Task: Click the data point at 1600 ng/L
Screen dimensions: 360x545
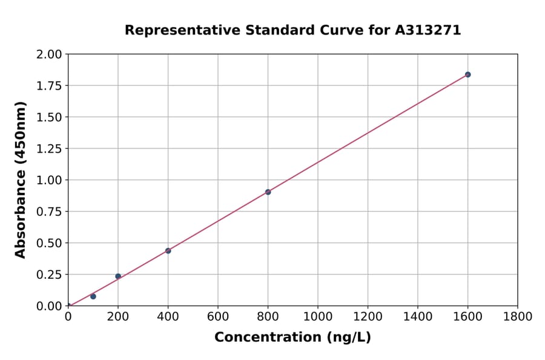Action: click(467, 75)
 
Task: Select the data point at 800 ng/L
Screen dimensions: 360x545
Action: click(268, 192)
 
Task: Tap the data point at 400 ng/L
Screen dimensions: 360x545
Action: click(168, 251)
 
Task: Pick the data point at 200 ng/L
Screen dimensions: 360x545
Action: click(118, 276)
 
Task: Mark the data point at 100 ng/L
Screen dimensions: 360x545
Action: click(93, 296)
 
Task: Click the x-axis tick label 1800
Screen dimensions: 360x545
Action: click(517, 316)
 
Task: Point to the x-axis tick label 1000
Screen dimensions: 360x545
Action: click(317, 316)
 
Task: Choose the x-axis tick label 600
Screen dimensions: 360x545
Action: click(218, 316)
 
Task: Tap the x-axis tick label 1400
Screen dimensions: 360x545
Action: click(417, 316)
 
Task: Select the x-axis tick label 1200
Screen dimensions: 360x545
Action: click(368, 316)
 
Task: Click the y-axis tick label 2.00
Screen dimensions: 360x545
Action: click(49, 55)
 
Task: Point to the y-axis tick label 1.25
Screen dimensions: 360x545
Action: click(49, 148)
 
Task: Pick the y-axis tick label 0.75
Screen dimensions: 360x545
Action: click(49, 212)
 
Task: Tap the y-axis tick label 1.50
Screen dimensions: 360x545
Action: click(49, 117)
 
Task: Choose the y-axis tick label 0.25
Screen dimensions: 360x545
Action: click(49, 275)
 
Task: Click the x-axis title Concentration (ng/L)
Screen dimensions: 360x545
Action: click(292, 338)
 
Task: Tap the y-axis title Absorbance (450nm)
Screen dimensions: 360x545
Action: click(21, 180)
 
